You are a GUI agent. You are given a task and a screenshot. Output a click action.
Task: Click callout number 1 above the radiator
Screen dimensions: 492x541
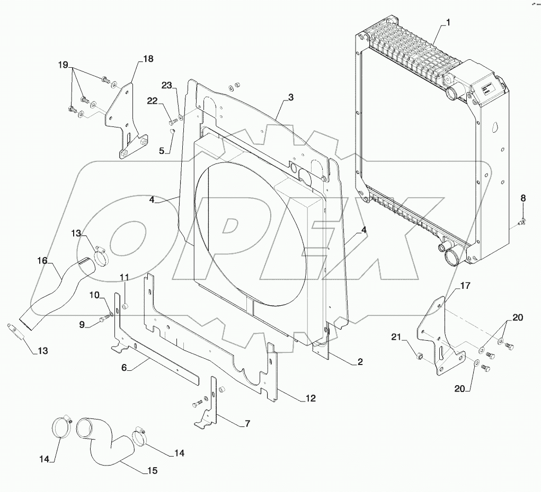[448, 23]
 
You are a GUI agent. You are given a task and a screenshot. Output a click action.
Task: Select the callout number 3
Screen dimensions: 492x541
[291, 97]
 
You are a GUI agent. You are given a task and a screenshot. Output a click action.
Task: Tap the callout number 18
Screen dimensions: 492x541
[148, 59]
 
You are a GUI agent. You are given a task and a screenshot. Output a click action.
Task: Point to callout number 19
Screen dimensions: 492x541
[63, 65]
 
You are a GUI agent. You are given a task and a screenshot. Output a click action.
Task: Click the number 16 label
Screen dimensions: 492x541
[42, 261]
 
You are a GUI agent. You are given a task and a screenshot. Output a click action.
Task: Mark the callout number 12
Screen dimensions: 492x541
[311, 398]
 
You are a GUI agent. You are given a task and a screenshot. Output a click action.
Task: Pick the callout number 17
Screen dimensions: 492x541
[465, 286]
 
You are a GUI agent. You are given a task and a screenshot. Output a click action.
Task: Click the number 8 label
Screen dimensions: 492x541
[523, 198]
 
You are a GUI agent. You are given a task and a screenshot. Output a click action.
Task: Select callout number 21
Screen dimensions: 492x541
[396, 338]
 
